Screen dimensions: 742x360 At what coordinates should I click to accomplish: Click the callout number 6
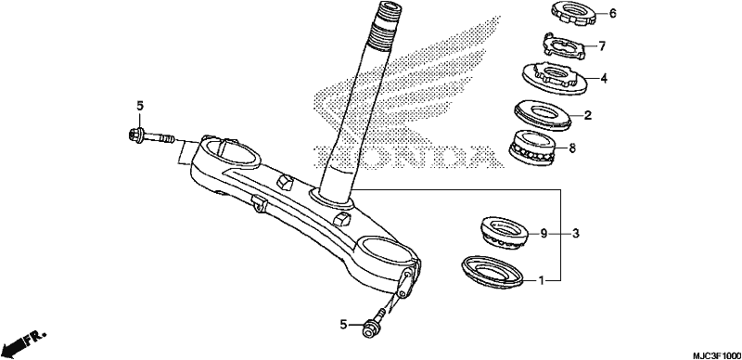613,13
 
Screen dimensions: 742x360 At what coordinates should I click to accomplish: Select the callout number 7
602,46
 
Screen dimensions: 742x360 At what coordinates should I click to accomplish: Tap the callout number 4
604,78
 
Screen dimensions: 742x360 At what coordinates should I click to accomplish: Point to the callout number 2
588,115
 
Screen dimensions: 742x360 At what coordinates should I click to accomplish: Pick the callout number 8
572,148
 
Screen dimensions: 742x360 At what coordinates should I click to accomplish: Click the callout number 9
544,233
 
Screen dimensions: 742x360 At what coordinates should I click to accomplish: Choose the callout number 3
575,233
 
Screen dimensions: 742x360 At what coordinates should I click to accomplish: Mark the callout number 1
541,281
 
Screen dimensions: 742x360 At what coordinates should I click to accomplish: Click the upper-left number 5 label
140,106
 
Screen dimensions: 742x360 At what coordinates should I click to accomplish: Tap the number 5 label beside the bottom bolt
343,325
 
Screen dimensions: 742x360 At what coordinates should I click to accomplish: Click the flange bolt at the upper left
151,137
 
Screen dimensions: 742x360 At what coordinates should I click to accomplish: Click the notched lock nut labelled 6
574,13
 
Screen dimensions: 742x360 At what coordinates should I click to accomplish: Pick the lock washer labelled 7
564,45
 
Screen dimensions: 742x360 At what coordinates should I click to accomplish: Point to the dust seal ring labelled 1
493,271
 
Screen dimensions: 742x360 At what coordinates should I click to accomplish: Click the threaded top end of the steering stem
387,24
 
